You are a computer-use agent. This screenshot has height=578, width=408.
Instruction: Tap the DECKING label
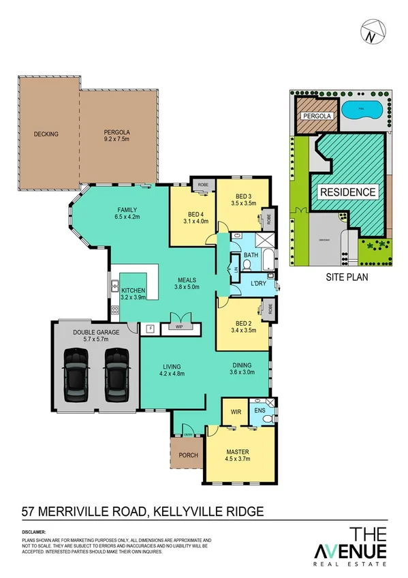(x=46, y=134)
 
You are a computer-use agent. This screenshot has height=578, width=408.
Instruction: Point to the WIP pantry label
(x=179, y=327)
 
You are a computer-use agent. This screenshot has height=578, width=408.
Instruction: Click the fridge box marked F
(x=151, y=327)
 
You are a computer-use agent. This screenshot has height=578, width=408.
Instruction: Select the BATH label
(x=251, y=256)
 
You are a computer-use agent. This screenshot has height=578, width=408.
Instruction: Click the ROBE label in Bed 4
(x=202, y=185)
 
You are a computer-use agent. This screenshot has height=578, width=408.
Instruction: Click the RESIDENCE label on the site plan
(x=348, y=192)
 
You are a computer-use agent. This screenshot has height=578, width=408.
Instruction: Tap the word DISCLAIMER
(x=33, y=531)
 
